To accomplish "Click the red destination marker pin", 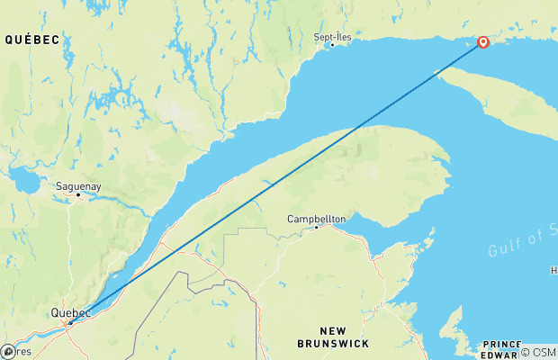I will pos(483,41).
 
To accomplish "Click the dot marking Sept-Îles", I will pos(331,44).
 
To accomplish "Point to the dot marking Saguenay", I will pos(78,194).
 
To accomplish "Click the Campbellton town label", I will pos(316,219).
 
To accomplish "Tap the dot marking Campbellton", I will pos(316,227).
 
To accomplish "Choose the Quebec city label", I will pos(70,313).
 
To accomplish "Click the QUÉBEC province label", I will pos(31,40).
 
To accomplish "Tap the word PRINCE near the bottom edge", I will pos(501,344).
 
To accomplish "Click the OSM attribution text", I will pos(544,353).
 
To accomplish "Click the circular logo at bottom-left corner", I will pos(8,351).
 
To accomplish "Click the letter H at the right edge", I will pos(553,270).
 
